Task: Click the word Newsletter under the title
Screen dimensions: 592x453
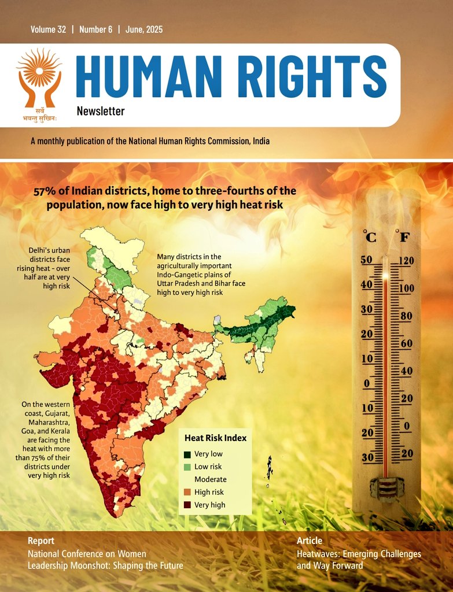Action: (100, 111)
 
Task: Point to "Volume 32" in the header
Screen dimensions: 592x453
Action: (49, 29)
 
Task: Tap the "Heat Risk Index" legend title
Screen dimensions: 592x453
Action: (215, 438)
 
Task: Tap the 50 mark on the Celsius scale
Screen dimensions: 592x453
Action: (366, 260)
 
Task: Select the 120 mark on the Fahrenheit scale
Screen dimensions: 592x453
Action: (406, 261)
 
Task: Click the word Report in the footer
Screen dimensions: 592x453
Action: (41, 541)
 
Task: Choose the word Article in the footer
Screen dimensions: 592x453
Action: (310, 541)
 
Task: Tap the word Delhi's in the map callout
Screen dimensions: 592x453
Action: (41, 250)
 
